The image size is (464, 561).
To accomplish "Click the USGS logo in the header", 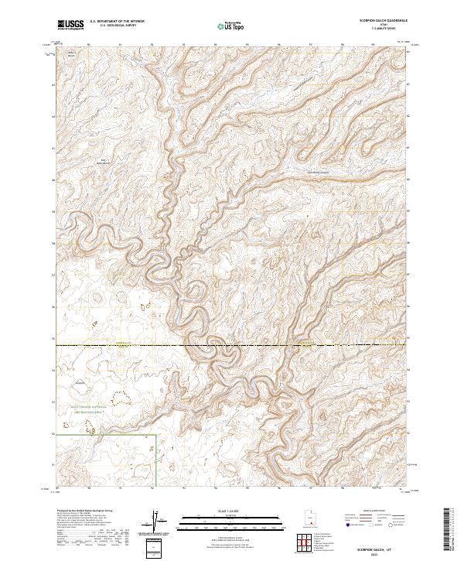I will click(71, 25).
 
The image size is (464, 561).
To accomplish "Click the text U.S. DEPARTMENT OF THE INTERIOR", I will click(117, 22).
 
